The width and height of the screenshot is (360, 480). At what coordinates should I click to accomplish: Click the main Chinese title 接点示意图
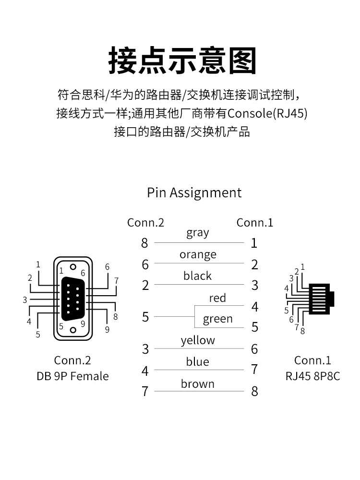[x=182, y=60]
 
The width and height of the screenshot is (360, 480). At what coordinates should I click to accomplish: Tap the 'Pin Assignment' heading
[x=194, y=193]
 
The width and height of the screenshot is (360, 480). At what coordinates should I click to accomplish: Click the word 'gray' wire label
[x=198, y=233]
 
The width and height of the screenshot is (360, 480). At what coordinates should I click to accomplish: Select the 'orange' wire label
[x=198, y=255]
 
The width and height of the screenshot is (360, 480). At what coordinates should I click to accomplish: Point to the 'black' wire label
[x=197, y=276]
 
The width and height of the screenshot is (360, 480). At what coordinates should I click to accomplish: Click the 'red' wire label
[x=217, y=298]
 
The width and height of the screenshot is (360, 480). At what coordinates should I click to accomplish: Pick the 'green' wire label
[x=217, y=319]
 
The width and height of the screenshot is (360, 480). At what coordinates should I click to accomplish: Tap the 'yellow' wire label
[x=198, y=340]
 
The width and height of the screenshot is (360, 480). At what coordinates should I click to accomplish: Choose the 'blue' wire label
[x=197, y=361]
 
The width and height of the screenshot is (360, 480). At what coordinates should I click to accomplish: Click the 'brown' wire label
[x=197, y=384]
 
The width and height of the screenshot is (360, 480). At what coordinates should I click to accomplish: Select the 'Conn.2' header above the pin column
[x=145, y=223]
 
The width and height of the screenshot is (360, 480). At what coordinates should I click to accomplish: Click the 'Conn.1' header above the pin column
[x=255, y=223]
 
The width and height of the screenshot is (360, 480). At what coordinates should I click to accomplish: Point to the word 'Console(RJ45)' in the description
[x=267, y=113]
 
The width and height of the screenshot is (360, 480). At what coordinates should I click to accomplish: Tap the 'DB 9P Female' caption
[x=72, y=376]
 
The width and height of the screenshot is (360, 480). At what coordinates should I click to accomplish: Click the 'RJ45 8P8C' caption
[x=312, y=376]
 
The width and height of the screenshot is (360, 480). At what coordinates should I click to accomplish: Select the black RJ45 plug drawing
[x=321, y=299]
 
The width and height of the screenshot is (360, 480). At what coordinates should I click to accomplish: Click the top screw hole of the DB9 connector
[x=73, y=267]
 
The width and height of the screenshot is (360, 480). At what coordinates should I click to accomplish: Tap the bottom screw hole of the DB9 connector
[x=73, y=330]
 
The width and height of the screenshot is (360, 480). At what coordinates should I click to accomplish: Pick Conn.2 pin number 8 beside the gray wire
[x=144, y=243]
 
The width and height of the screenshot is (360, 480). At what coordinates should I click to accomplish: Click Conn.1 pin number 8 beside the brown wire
[x=254, y=391]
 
